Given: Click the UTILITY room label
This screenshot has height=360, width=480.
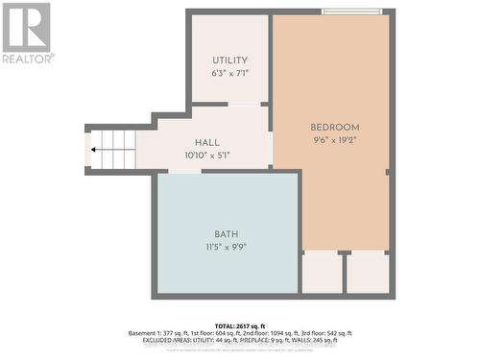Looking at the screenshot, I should click(229, 60).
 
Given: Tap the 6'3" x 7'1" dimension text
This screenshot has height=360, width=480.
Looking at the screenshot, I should click(229, 73).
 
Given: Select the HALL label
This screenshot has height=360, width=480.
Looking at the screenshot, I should click(207, 142).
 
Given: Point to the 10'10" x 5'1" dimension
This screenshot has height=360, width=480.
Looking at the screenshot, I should click(207, 155).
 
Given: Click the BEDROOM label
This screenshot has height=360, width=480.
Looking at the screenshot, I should click(334, 128).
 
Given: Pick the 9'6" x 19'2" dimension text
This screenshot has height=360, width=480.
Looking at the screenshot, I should click(334, 140).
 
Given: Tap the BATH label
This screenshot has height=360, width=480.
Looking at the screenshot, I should click(227, 233).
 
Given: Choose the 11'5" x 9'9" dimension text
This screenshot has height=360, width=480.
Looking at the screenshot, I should click(227, 246).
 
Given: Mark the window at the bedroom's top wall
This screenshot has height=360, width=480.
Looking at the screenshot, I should click(351, 12).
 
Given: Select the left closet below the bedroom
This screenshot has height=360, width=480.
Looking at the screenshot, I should click(322, 273).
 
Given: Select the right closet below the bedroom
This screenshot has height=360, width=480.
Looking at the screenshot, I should click(367, 273).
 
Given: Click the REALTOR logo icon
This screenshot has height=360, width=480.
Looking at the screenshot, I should click(26, 27).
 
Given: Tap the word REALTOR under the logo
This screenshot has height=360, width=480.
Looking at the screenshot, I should click(27, 59).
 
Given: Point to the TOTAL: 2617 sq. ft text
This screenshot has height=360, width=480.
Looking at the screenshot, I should click(239, 325).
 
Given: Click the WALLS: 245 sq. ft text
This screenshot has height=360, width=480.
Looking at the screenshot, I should click(328, 341).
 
